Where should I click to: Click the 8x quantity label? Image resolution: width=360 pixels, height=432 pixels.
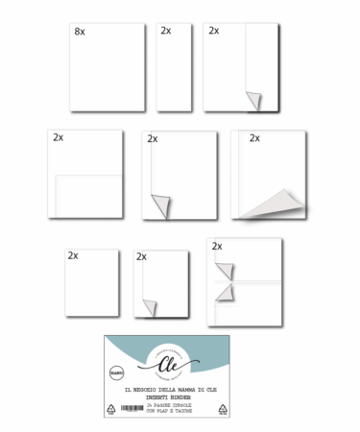pyautogui.click(x=80, y=32)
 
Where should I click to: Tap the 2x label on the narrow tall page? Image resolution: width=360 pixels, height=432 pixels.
pyautogui.click(x=166, y=31)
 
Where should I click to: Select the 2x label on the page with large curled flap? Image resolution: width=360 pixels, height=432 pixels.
pyautogui.click(x=254, y=138)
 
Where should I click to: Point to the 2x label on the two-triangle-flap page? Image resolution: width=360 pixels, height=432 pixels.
pyautogui.click(x=217, y=247)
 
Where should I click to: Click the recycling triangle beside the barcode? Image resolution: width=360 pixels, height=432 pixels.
pyautogui.click(x=111, y=408)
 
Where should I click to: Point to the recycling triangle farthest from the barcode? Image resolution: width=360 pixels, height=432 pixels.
pyautogui.click(x=222, y=408)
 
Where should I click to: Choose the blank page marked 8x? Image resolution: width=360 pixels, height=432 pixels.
pyautogui.click(x=108, y=67)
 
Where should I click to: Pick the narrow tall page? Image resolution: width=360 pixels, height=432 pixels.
pyautogui.click(x=174, y=67)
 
